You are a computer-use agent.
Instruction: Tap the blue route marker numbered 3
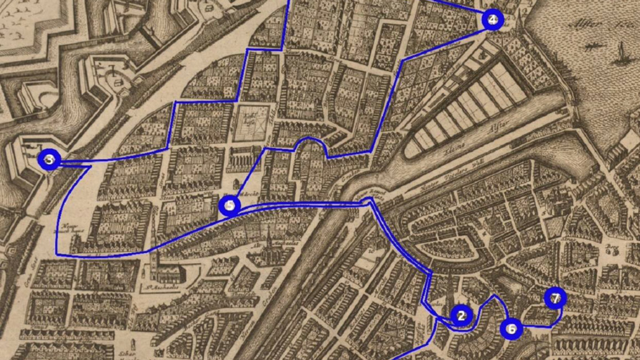[49, 160]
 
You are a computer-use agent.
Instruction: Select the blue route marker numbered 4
[493, 20]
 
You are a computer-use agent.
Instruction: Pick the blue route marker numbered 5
[229, 206]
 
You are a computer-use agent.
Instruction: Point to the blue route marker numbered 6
[511, 329]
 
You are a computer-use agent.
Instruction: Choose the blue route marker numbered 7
[555, 298]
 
